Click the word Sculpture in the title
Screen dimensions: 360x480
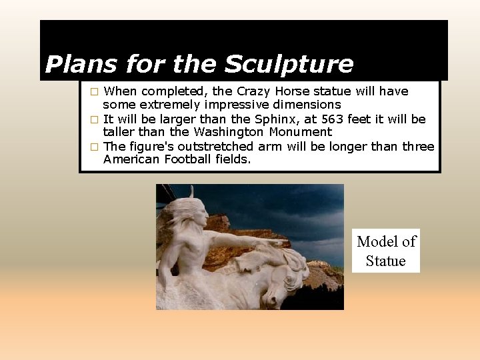(288, 65)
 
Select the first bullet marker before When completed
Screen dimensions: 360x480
(95, 91)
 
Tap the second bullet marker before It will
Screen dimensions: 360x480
(95, 119)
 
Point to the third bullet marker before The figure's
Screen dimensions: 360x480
(95, 147)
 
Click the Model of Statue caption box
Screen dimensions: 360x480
(386, 251)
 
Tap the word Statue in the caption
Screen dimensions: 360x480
(386, 261)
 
